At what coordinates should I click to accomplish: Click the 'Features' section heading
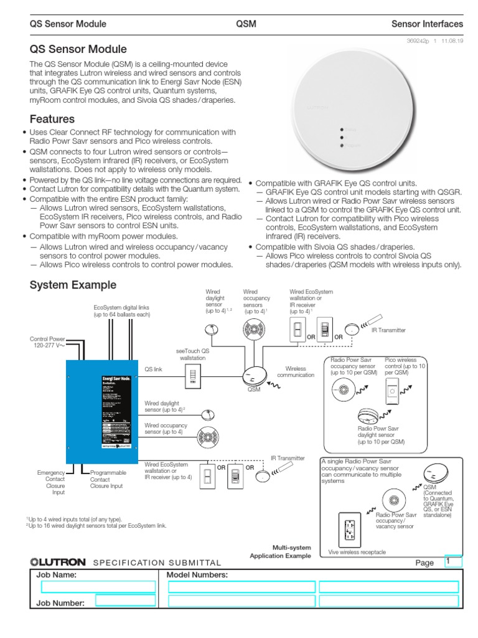pos(52,118)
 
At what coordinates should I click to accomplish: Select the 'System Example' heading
pos(73,285)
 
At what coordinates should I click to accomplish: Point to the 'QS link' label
pos(153,369)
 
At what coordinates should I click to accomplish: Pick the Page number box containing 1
pos(452,561)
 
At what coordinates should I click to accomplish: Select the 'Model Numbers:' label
pos(197,574)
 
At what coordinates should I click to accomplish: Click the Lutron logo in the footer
pos(58,562)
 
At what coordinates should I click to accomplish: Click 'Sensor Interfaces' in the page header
pos(427,24)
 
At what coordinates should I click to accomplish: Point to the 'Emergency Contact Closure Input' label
pos(50,482)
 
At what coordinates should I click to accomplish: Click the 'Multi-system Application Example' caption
pos(280,551)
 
